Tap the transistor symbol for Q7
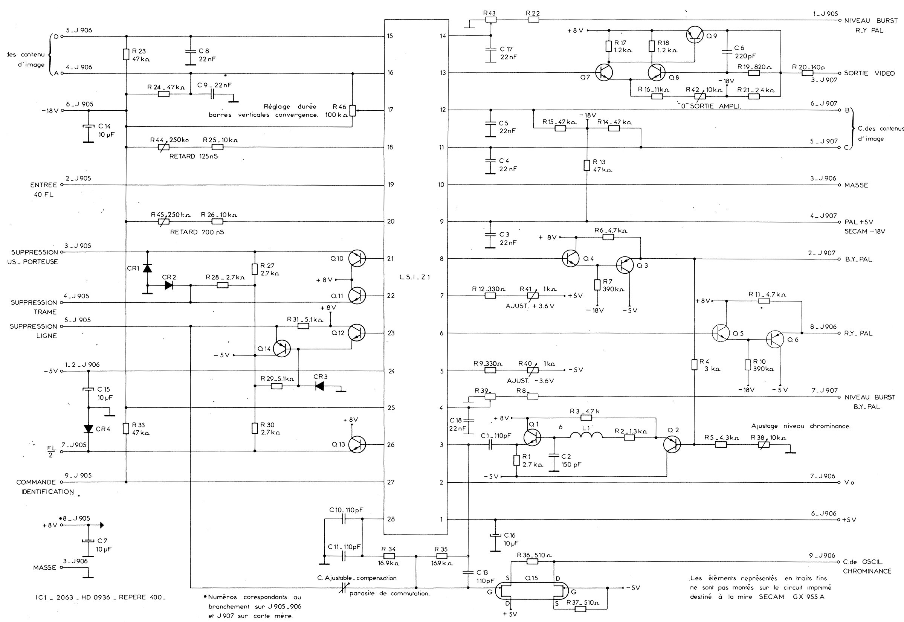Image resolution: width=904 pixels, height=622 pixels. click(x=604, y=73)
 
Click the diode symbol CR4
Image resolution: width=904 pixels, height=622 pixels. click(x=89, y=429)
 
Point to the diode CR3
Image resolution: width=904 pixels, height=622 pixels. click(x=320, y=386)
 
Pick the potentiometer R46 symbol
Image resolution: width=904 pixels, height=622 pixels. click(x=353, y=110)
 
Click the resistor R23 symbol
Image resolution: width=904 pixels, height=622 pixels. click(x=126, y=55)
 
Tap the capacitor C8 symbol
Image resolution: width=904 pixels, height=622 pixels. click(x=191, y=54)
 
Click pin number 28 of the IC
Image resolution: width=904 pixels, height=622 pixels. click(x=391, y=519)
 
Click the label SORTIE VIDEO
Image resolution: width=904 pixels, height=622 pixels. click(x=869, y=73)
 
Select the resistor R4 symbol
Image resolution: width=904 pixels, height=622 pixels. click(x=694, y=364)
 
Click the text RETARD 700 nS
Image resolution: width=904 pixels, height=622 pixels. click(x=197, y=232)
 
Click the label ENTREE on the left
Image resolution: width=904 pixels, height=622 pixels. click(x=44, y=185)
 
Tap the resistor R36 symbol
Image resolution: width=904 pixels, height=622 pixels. click(x=532, y=561)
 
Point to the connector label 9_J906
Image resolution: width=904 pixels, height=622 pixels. click(x=822, y=556)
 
